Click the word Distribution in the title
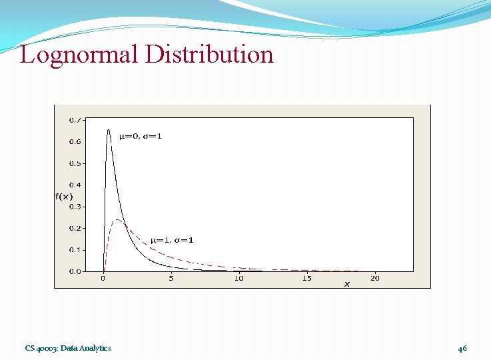click(208, 54)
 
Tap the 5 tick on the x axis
click(171, 279)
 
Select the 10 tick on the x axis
click(239, 279)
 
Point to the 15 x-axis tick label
click(306, 279)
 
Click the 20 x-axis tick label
click(374, 279)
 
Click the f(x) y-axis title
click(64, 196)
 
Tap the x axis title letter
click(346, 284)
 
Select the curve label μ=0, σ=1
click(140, 137)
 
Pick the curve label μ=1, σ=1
click(172, 240)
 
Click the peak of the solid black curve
click(109, 130)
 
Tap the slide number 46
click(462, 348)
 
